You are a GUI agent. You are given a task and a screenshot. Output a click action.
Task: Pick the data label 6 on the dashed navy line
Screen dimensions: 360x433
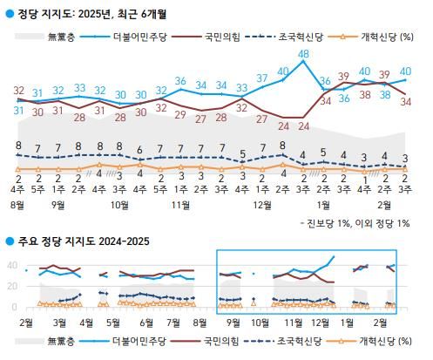click(x=139, y=150)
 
